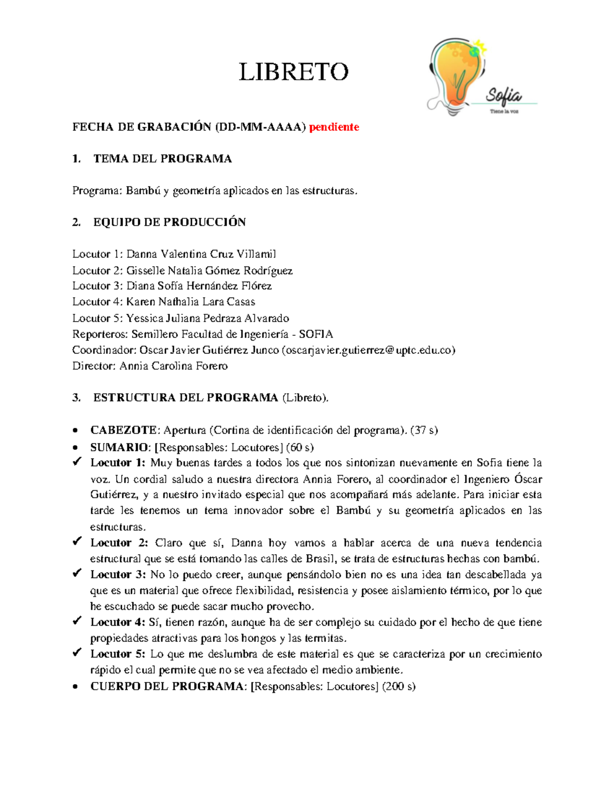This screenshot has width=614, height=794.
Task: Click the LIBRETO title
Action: click(x=294, y=72)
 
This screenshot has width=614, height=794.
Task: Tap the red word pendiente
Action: click(x=334, y=127)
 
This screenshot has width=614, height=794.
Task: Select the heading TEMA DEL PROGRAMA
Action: click(x=163, y=159)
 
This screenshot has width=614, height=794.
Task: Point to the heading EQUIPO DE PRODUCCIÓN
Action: click(x=169, y=222)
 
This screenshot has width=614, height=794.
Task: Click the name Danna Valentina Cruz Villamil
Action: click(x=201, y=254)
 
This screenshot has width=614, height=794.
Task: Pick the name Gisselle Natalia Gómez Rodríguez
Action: click(x=209, y=270)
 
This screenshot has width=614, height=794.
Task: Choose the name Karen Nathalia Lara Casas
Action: click(x=191, y=302)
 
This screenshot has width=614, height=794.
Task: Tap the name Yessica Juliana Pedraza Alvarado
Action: click(x=208, y=318)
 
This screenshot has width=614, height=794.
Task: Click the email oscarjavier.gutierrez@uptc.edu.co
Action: click(x=368, y=350)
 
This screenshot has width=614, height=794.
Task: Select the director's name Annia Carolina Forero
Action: click(x=173, y=366)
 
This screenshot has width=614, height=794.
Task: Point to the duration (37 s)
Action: click(x=424, y=430)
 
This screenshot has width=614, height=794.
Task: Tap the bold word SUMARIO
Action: click(x=119, y=447)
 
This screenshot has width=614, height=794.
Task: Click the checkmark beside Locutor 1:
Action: click(x=77, y=462)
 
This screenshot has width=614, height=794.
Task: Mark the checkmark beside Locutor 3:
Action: click(x=77, y=574)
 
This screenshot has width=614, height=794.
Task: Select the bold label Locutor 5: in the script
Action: click(x=118, y=654)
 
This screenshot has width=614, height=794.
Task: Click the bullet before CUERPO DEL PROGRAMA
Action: click(x=76, y=687)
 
